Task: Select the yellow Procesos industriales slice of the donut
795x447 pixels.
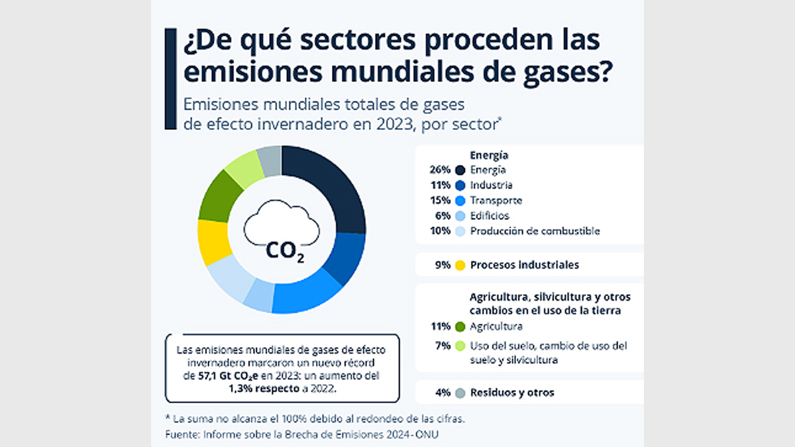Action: click(x=213, y=242)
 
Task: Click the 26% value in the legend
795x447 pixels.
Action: click(x=441, y=170)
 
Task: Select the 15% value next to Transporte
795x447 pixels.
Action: click(x=441, y=200)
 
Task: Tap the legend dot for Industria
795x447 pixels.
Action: click(x=460, y=185)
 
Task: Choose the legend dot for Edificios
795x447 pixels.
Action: click(x=460, y=216)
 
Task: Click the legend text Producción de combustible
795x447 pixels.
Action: click(x=535, y=231)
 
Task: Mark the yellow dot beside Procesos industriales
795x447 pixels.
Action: click(x=460, y=265)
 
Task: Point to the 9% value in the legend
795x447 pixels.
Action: click(x=443, y=265)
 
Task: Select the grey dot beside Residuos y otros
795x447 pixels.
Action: click(x=460, y=393)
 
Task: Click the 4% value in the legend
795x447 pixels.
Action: click(x=443, y=393)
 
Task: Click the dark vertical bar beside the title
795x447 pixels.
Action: click(x=170, y=78)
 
